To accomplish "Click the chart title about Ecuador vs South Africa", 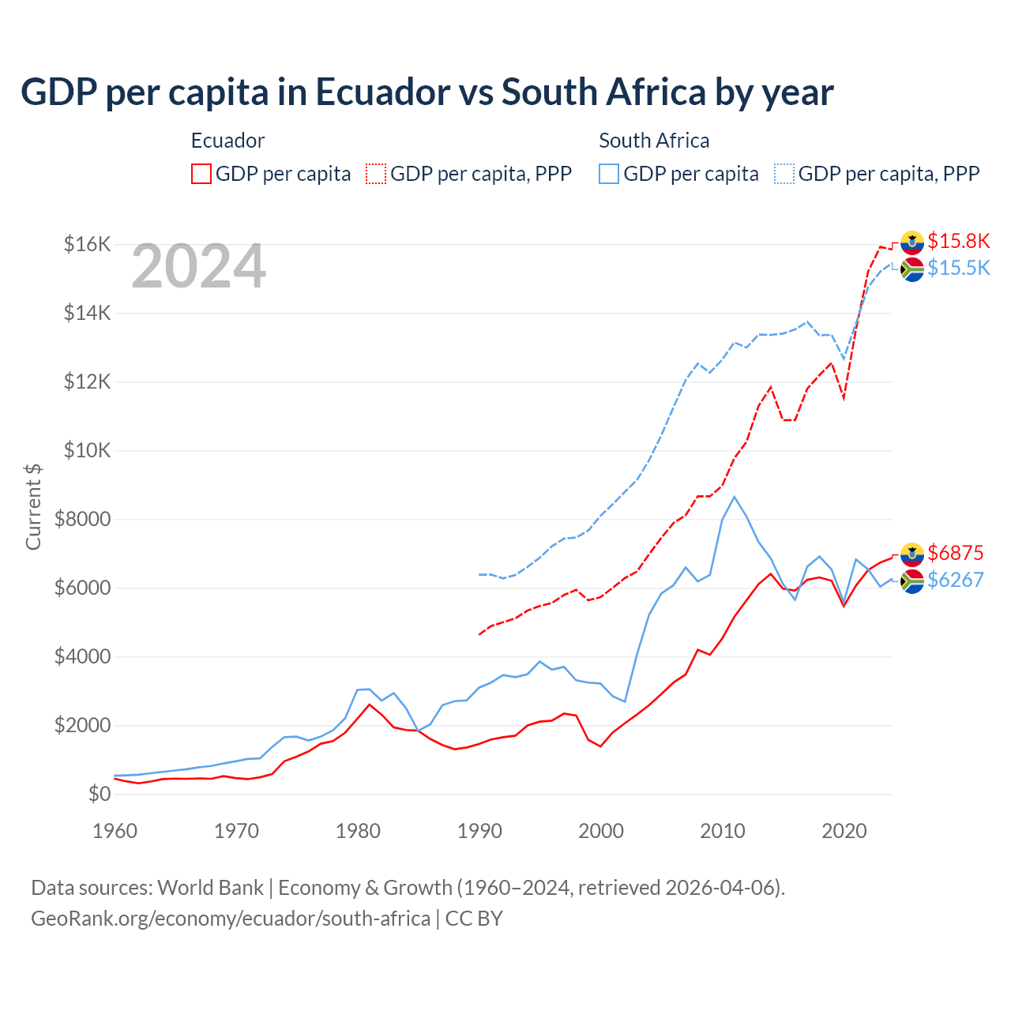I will [x=427, y=92].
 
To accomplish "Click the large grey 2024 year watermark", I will [x=198, y=267].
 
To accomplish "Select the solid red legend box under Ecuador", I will [x=201, y=174].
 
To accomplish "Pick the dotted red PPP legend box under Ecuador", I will [x=376, y=174].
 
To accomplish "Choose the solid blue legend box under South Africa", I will [x=609, y=174].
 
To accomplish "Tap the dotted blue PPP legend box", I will [x=784, y=174].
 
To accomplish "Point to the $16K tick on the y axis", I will [x=87, y=244].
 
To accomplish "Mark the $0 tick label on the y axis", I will [x=99, y=794].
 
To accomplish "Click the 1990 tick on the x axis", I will [x=479, y=831].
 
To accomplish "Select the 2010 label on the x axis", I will [x=723, y=831].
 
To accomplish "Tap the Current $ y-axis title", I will [x=33, y=506].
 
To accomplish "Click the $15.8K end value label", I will [x=958, y=241].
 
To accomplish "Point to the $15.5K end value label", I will [x=958, y=268].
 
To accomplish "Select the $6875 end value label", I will [x=955, y=553].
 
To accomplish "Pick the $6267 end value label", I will [x=955, y=580].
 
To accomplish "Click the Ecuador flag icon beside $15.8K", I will [x=912, y=242].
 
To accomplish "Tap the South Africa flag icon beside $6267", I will [x=912, y=581].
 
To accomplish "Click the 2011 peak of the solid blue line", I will [x=735, y=497].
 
